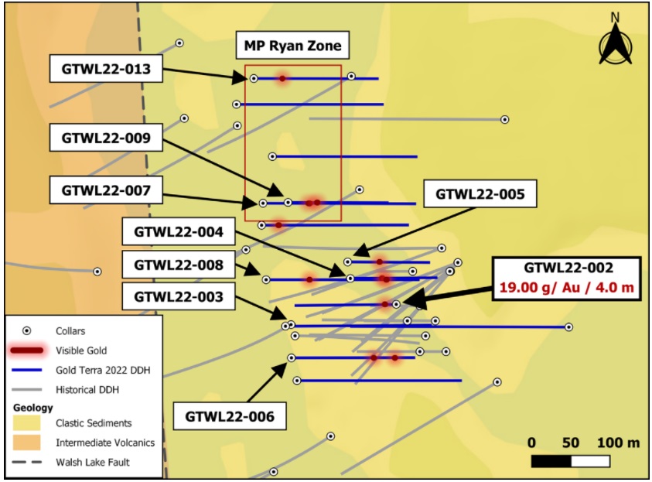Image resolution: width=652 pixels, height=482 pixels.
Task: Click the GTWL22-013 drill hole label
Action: [106, 69]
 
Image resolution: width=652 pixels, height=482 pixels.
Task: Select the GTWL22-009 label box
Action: [106, 138]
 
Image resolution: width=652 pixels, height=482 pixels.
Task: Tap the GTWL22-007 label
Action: [106, 190]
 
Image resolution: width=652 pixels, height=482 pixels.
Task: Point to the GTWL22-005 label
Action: [480, 193]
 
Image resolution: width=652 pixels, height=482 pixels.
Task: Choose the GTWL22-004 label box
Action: [179, 231]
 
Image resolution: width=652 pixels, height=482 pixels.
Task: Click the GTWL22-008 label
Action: [179, 265]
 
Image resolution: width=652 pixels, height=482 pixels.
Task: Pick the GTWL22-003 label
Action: [179, 296]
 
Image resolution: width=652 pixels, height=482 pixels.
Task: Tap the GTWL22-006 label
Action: [230, 416]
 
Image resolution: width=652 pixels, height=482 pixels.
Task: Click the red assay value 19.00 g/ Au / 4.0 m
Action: [566, 287]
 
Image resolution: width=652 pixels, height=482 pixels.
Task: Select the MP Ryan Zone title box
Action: [292, 46]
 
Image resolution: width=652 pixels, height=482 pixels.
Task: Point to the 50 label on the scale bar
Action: [571, 443]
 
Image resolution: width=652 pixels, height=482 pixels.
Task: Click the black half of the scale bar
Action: [551, 461]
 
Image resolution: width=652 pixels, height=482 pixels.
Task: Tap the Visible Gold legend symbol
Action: [27, 350]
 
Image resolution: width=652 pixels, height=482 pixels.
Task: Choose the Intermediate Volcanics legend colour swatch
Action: [26, 443]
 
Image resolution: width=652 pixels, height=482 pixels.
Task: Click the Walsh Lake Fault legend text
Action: [93, 462]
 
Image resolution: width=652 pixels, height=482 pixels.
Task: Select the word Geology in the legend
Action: [32, 408]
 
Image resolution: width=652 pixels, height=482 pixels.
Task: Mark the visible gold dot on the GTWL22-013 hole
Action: [282, 78]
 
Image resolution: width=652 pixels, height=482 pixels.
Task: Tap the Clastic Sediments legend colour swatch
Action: [26, 423]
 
